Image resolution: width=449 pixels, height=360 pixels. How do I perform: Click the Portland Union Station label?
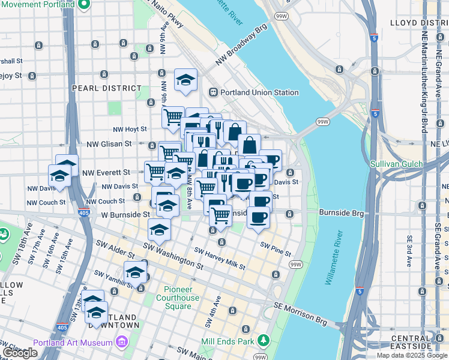259,92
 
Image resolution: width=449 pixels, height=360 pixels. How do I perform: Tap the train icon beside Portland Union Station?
212,92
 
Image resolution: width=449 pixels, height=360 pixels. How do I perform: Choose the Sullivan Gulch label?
396,164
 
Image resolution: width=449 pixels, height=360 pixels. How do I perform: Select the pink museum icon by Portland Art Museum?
122,343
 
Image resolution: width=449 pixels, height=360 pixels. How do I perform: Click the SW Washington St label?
173,256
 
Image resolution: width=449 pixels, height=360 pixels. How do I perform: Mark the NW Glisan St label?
109,144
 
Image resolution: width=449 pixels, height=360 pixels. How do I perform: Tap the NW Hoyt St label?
130,129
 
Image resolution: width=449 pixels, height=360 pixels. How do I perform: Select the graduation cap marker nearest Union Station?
186,79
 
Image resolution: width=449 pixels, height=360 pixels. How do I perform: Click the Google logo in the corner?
20,353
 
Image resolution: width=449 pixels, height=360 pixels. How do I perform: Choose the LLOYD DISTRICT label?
419,23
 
